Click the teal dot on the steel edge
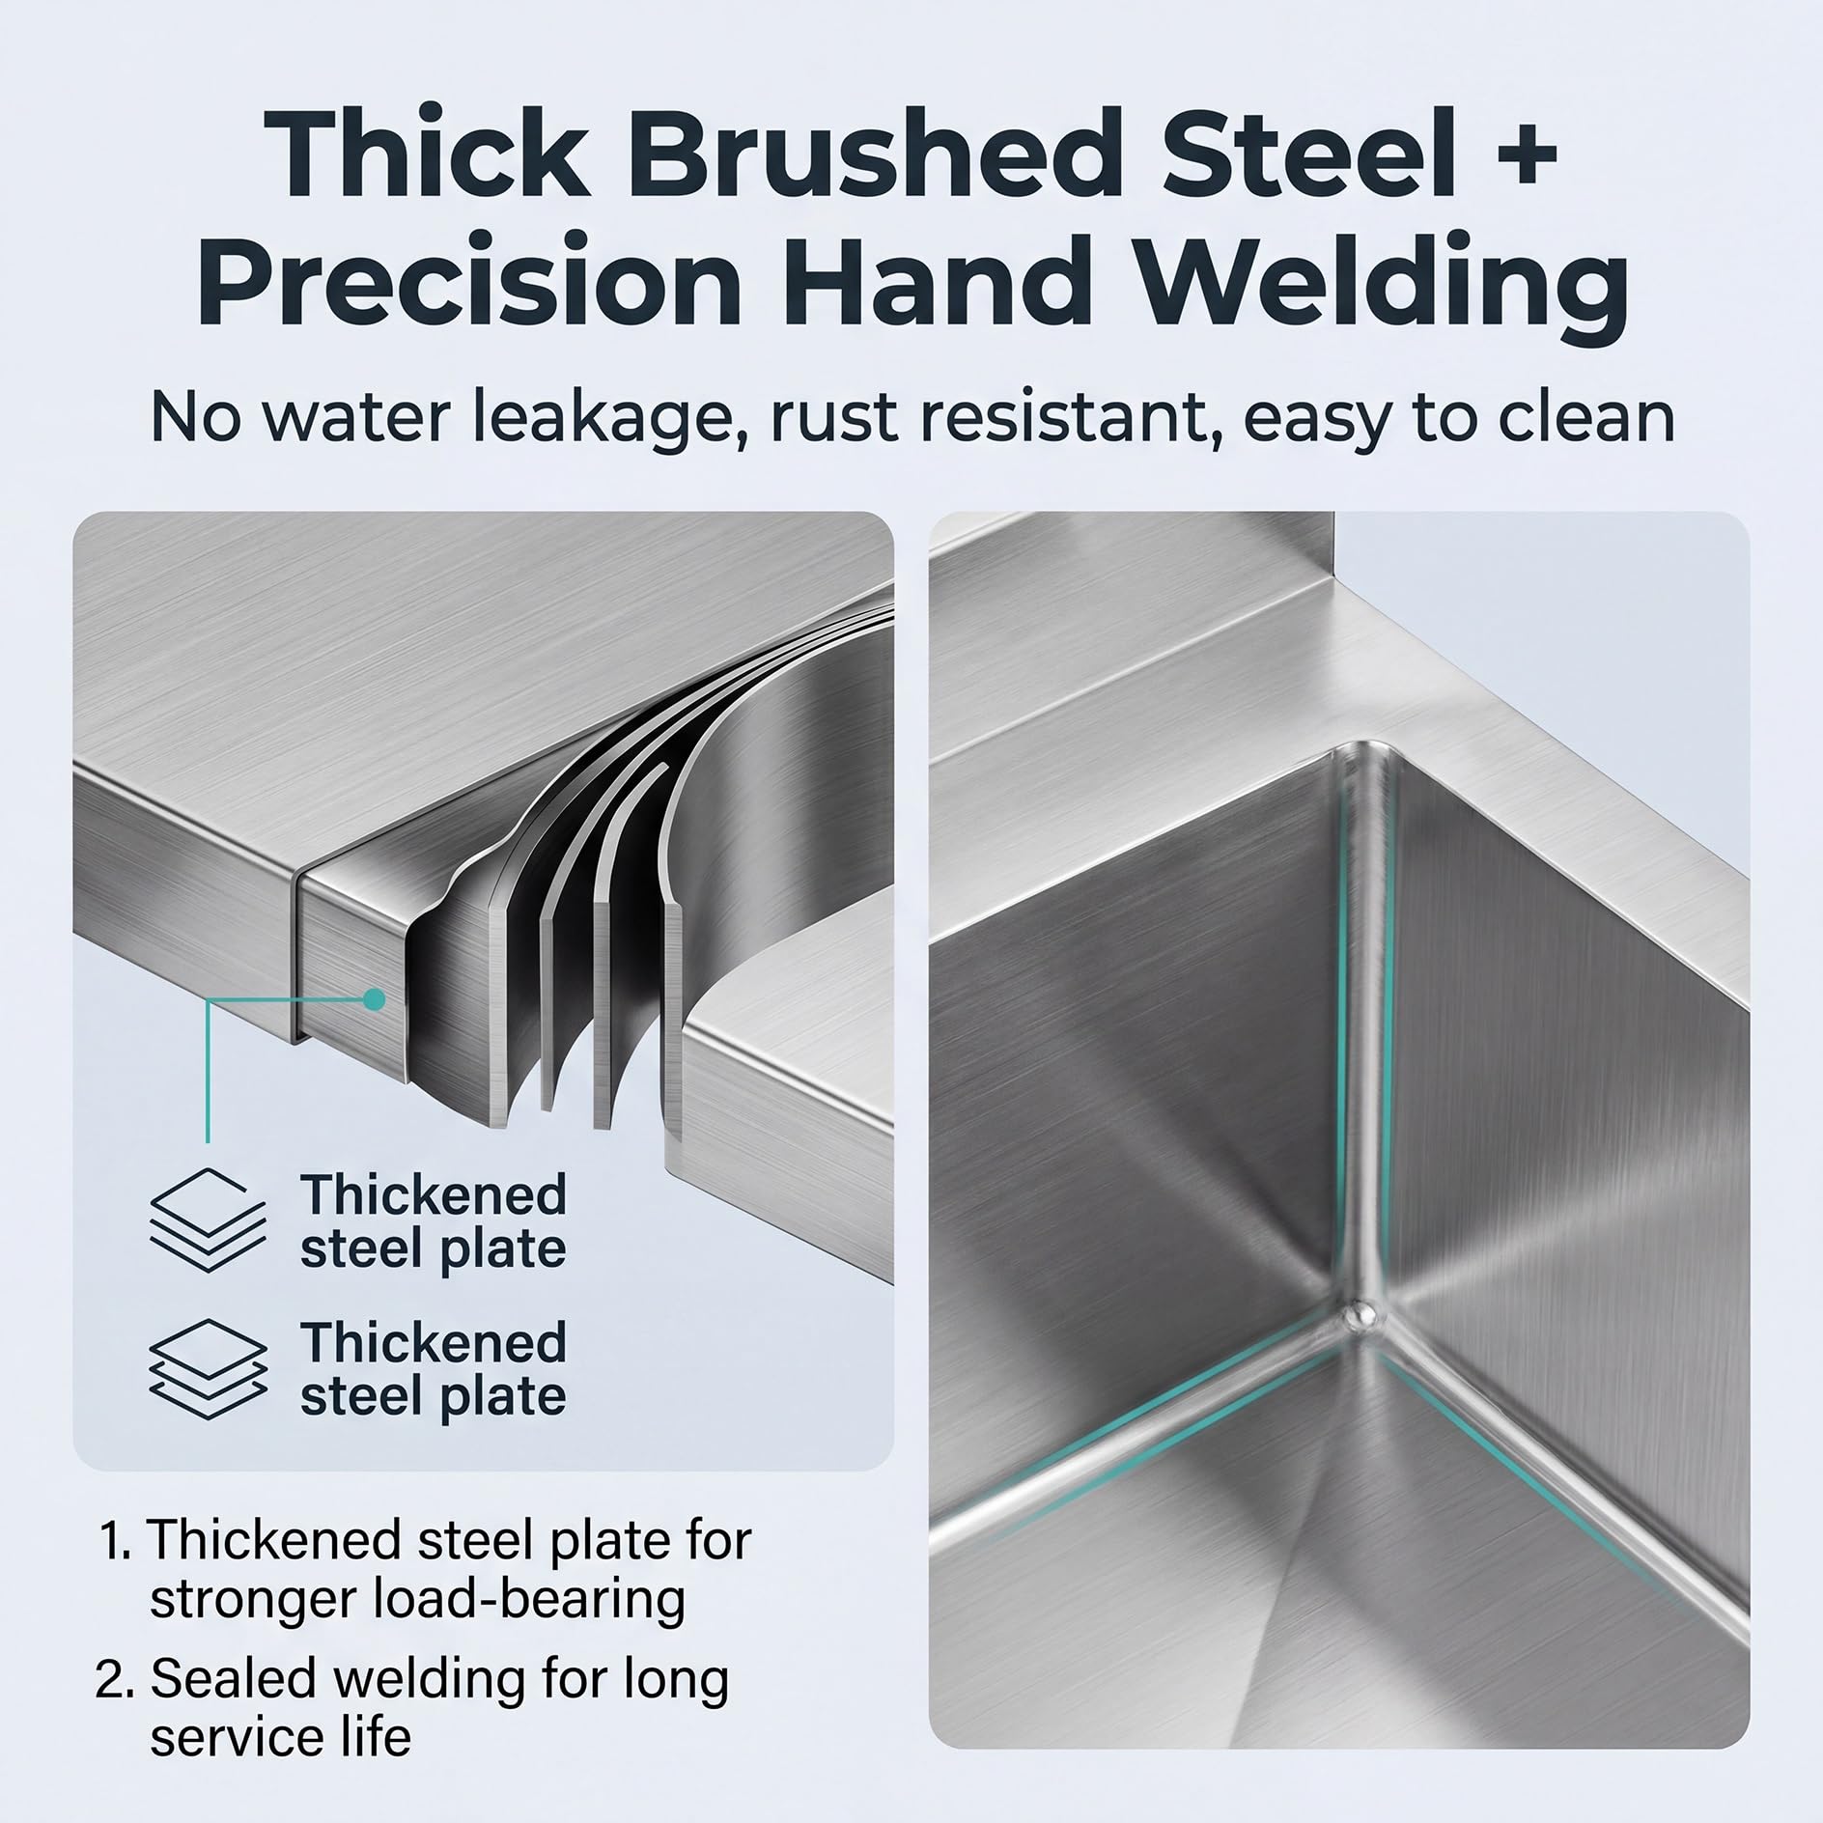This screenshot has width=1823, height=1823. click(372, 1000)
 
